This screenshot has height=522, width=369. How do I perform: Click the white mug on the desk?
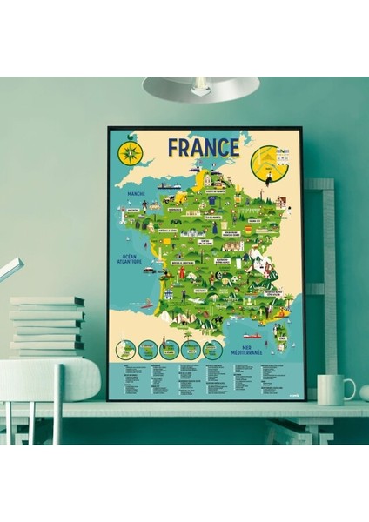(x=332, y=390)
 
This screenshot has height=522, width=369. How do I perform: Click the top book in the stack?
(x=47, y=301)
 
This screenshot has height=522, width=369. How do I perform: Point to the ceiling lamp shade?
(x=202, y=87)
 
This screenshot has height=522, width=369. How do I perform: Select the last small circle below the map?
(x=211, y=350)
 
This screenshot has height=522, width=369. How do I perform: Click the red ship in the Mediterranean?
(x=251, y=335)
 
